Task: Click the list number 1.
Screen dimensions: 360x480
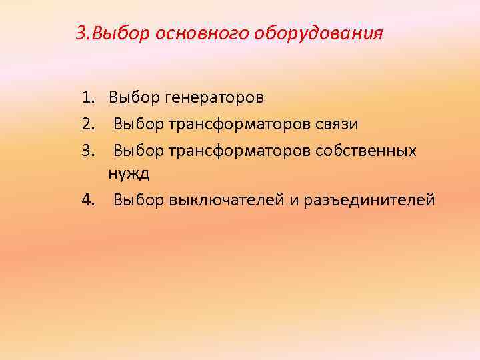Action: [89, 98]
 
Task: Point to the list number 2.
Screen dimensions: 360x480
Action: [89, 124]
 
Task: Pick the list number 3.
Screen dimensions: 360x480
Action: [89, 151]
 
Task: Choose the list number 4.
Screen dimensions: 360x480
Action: [89, 199]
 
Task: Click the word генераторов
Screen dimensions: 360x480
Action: [215, 98]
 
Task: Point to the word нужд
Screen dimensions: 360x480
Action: [129, 174]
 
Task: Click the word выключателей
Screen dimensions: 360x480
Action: [226, 199]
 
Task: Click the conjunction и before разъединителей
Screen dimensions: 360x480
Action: [294, 199]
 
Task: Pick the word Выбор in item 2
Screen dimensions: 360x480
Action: [138, 124]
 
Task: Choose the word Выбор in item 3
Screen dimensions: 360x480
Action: [138, 151]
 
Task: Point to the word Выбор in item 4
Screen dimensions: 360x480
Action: [138, 199]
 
